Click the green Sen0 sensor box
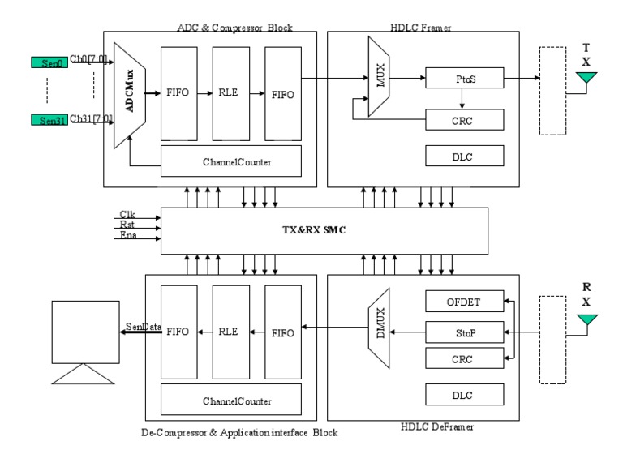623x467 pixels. click(x=49, y=62)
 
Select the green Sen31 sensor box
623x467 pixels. click(x=49, y=119)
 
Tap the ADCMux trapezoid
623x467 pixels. click(x=130, y=96)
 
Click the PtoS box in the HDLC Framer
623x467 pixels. click(x=465, y=78)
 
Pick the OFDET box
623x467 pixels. click(x=465, y=302)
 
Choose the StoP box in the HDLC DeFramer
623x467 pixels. click(x=465, y=332)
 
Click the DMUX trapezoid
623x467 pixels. click(x=379, y=328)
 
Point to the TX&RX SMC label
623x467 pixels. click(x=314, y=230)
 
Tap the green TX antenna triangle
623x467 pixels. click(x=586, y=77)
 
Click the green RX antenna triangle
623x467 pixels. click(x=586, y=319)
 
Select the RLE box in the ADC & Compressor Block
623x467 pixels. click(x=231, y=94)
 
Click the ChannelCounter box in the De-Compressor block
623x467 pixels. click(x=231, y=400)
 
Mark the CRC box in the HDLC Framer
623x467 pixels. click(x=465, y=120)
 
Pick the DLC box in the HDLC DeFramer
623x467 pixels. click(x=465, y=395)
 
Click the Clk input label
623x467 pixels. click(x=127, y=214)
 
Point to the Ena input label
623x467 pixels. click(x=128, y=235)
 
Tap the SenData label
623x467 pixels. click(x=144, y=327)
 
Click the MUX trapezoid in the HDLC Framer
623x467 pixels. click(x=379, y=76)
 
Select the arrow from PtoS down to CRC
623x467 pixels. click(x=462, y=98)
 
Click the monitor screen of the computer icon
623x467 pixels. click(x=85, y=332)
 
